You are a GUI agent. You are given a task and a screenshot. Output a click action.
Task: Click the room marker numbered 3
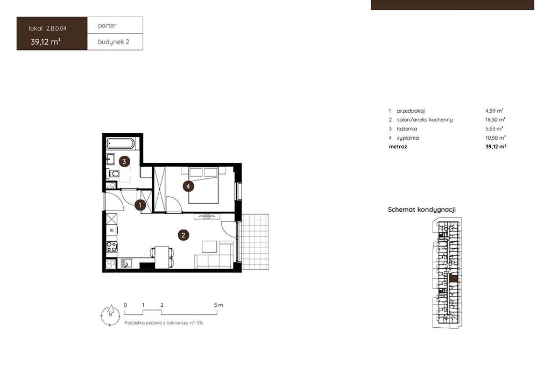click(x=124, y=161)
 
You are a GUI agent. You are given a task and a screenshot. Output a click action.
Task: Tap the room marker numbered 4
click(x=188, y=186)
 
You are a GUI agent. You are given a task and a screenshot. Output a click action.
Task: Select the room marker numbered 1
click(x=140, y=205)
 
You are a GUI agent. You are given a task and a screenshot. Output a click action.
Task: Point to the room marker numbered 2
click(x=183, y=235)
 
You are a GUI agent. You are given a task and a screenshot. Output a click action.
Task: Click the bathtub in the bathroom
click(x=121, y=143)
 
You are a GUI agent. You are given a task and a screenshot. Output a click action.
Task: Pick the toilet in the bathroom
click(x=114, y=174)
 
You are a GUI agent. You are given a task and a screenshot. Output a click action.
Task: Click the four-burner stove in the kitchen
click(x=112, y=247)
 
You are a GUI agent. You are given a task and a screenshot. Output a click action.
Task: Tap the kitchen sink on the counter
click(x=125, y=263)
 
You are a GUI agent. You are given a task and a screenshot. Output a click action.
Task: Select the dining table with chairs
click(x=163, y=257)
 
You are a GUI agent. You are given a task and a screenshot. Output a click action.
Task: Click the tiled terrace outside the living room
click(x=255, y=242)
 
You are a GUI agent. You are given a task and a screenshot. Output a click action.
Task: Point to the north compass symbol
click(x=110, y=315)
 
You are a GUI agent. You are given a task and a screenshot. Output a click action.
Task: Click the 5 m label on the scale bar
click(x=218, y=305)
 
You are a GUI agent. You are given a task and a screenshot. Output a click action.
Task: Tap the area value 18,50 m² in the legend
click(x=496, y=120)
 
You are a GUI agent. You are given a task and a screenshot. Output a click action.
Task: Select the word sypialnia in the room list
click(x=408, y=138)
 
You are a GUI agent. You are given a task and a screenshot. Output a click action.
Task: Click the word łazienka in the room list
click(x=407, y=129)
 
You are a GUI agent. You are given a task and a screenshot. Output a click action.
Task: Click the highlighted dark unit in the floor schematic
click(x=454, y=278)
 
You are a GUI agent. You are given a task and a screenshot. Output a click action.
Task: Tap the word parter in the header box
click(x=107, y=26)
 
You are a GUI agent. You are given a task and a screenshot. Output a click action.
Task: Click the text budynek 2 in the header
click(x=114, y=42)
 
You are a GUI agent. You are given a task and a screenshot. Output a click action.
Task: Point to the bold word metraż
click(x=398, y=147)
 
